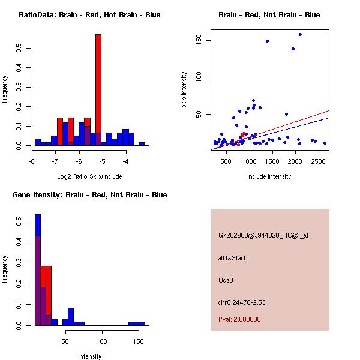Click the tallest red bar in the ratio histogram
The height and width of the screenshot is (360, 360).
pyautogui.click(x=98, y=90)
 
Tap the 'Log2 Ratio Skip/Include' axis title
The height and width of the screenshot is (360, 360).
pyautogui.click(x=89, y=176)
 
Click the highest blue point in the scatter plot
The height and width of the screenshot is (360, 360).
pyautogui.click(x=300, y=35)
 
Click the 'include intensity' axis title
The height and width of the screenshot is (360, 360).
pyautogui.click(x=269, y=176)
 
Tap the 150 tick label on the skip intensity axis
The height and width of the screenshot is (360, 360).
pyautogui.click(x=199, y=40)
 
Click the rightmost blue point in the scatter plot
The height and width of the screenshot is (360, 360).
pyautogui.click(x=325, y=143)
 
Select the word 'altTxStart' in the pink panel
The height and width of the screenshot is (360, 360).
pyautogui.click(x=232, y=258)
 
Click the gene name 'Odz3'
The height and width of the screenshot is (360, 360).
pyautogui.click(x=225, y=280)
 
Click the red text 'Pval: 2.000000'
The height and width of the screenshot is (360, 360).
pyautogui.click(x=239, y=319)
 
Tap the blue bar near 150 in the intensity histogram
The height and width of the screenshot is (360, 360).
pyautogui.click(x=137, y=323)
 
